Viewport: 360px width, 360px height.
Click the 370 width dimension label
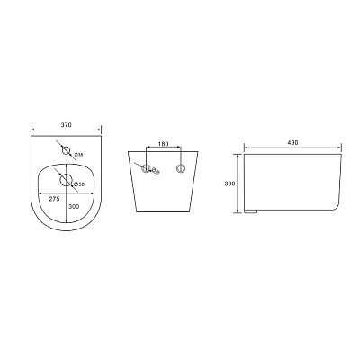[x=67, y=125]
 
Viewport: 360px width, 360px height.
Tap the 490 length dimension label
[x=292, y=143]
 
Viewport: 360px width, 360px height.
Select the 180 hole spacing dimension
[x=163, y=144]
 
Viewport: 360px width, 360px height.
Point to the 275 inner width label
[x=55, y=199]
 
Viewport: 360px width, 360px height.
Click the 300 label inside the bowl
[x=74, y=206]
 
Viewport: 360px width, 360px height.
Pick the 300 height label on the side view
[x=229, y=184]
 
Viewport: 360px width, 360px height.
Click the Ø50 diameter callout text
[x=79, y=184]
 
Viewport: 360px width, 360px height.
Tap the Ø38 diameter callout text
[x=78, y=155]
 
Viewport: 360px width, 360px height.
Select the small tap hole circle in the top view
[x=67, y=150]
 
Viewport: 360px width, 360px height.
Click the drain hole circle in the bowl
[x=67, y=179]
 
